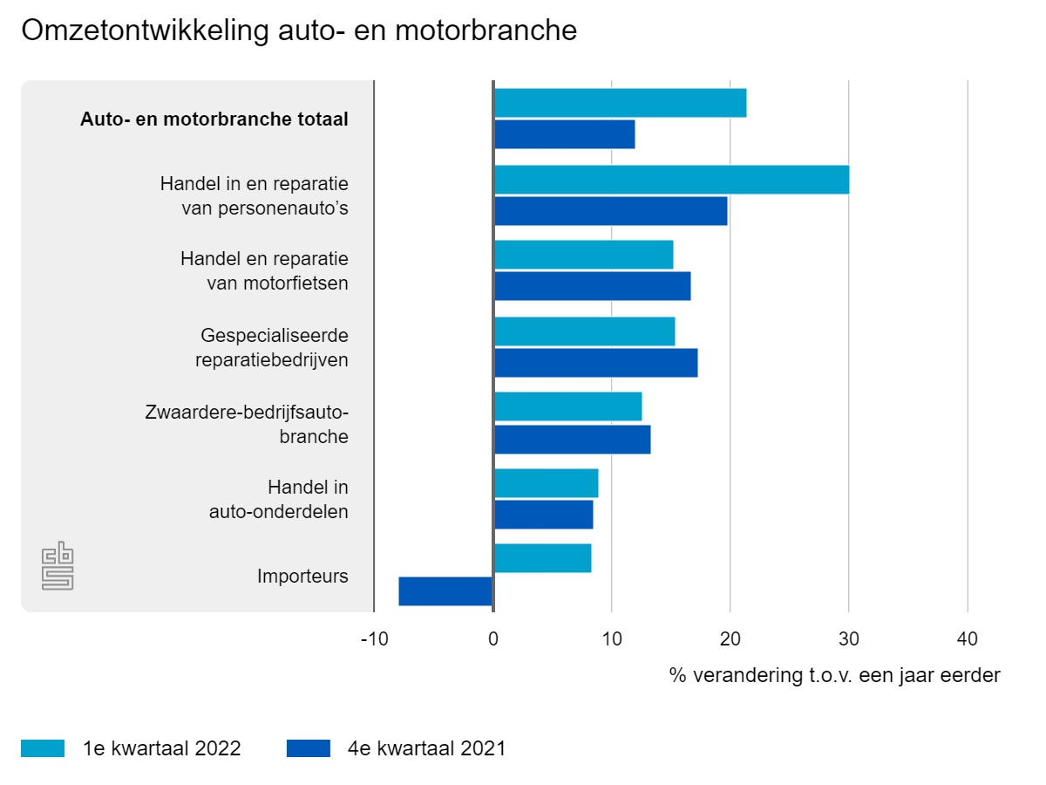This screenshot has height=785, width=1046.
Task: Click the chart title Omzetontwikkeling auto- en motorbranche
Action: tap(299, 31)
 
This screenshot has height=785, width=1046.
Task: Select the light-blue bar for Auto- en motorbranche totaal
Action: tap(620, 103)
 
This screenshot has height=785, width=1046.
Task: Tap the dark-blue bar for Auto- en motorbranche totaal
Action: tap(564, 135)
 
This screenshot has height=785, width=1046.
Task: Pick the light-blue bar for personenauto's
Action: tap(671, 180)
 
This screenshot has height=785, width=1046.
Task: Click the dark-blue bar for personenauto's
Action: tap(610, 211)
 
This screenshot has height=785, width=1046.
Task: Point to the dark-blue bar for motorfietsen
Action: tap(592, 286)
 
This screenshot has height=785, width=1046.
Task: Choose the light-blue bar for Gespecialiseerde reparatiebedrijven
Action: tap(584, 331)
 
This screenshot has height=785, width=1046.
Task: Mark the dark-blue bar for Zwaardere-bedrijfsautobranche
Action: tap(572, 439)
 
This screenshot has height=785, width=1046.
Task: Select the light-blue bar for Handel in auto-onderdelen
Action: tap(546, 483)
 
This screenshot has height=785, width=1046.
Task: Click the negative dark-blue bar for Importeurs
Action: tap(445, 590)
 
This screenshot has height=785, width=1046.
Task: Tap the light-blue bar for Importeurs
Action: tap(542, 558)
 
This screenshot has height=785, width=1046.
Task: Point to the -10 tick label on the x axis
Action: tap(374, 639)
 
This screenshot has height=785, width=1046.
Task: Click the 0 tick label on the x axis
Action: tap(493, 639)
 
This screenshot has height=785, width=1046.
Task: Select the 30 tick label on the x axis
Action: tap(849, 639)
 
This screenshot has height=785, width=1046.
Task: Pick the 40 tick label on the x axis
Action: tap(968, 639)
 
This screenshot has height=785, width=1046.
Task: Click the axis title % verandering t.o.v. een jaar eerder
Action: tap(834, 675)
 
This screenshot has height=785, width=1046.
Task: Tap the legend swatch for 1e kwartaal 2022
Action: tap(43, 748)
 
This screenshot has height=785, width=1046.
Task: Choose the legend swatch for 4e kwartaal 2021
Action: tap(308, 748)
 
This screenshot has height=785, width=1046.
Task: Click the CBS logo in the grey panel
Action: tap(58, 566)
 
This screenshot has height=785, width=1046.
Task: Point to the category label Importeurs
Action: tap(302, 577)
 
